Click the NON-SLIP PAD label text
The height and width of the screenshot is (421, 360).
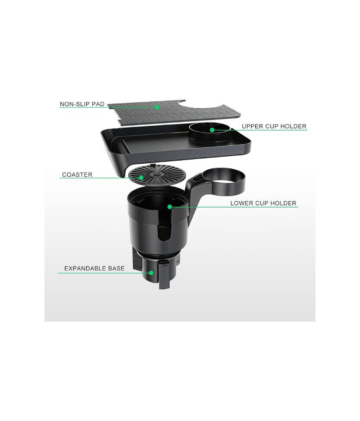tap(82, 104)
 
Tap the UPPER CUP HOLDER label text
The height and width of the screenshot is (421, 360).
tap(274, 126)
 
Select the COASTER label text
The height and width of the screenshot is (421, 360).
tap(77, 175)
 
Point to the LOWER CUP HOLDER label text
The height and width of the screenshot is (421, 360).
tap(263, 203)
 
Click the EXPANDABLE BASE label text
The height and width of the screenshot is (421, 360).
tap(95, 268)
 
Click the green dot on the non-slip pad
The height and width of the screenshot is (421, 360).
tap(157, 107)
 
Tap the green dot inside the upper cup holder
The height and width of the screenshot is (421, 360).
tap(212, 130)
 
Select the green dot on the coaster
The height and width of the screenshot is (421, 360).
tap(141, 178)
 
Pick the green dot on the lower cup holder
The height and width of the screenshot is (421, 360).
tap(169, 206)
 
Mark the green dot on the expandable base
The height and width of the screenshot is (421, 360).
tap(151, 273)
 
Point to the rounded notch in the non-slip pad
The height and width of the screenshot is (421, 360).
tap(182, 103)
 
